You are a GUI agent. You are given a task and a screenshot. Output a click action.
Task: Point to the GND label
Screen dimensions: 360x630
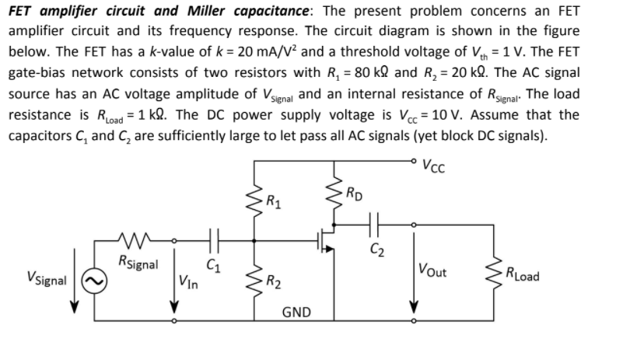pos(296,313)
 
